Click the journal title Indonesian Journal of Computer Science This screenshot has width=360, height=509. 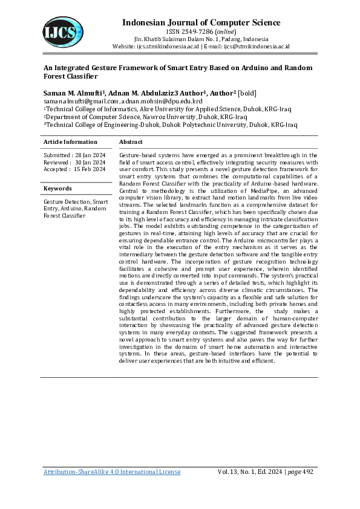tap(201, 23)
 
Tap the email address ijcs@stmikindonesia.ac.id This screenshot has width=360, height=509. tap(257, 46)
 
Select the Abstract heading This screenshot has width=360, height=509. tap(131, 142)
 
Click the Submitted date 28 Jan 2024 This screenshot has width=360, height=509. tap(90, 155)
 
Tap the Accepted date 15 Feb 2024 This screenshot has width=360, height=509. tap(90, 169)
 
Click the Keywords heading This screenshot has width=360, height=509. tap(57, 189)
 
